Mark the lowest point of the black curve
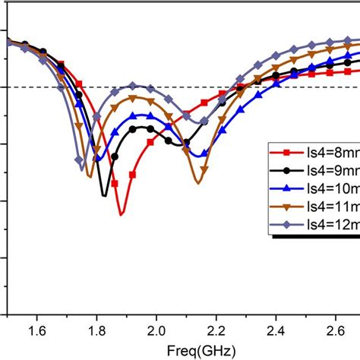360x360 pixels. click(x=105, y=196)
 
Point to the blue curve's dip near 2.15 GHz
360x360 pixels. click(x=199, y=155)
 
